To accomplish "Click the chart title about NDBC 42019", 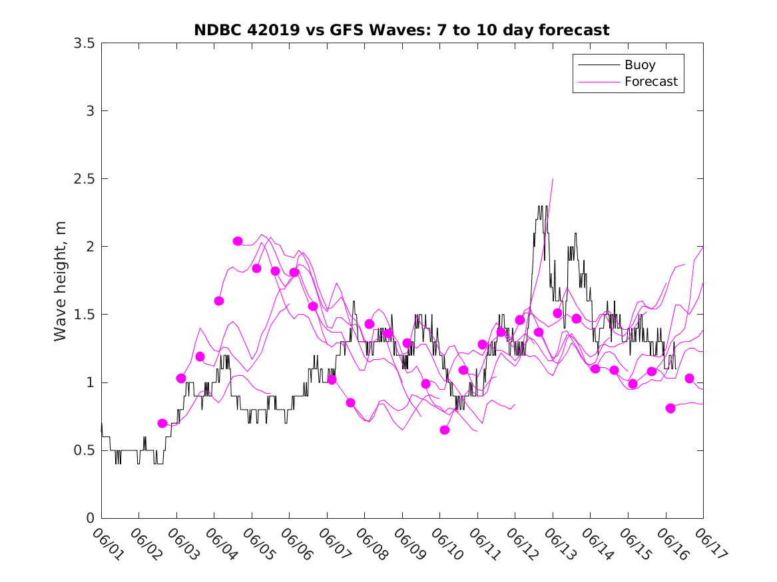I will pos(401,30).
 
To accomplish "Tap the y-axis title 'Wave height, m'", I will pos(61,281).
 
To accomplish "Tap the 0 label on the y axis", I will pos(89,518).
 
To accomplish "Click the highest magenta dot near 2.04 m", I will pos(238,241).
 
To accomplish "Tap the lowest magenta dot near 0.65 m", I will pos(445,430).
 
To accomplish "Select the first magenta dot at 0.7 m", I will pos(162,423).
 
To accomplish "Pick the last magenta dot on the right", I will pos(689,378).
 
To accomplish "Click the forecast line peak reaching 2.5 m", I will pos(553,179).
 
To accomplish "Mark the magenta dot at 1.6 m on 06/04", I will pos(219,301).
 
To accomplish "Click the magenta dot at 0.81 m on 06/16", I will pos(670,408).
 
